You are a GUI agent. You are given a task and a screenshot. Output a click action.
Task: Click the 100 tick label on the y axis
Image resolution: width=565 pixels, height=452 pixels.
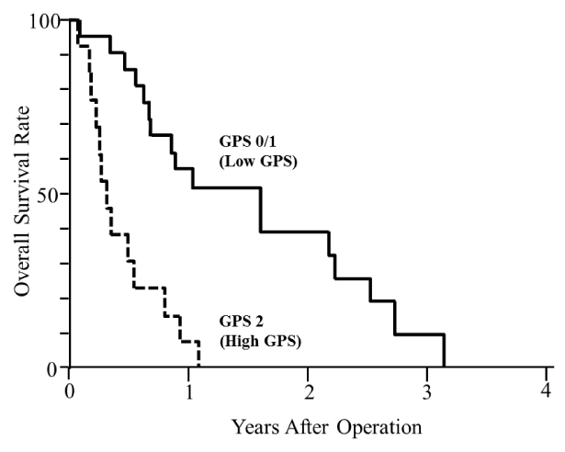point(43,20)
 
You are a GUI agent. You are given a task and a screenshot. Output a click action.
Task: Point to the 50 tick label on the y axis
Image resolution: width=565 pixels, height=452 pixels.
point(48,194)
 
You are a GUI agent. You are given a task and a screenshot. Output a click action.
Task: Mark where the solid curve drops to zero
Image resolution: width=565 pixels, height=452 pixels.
point(445,367)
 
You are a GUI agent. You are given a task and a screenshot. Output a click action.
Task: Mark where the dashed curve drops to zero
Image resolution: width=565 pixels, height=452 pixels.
point(199,367)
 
